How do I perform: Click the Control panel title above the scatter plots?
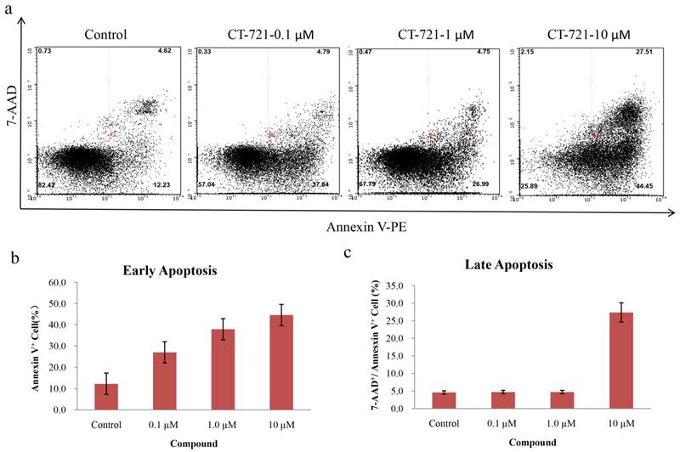point(105,35)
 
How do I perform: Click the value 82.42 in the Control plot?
point(45,184)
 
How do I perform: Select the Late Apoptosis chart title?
point(514,264)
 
